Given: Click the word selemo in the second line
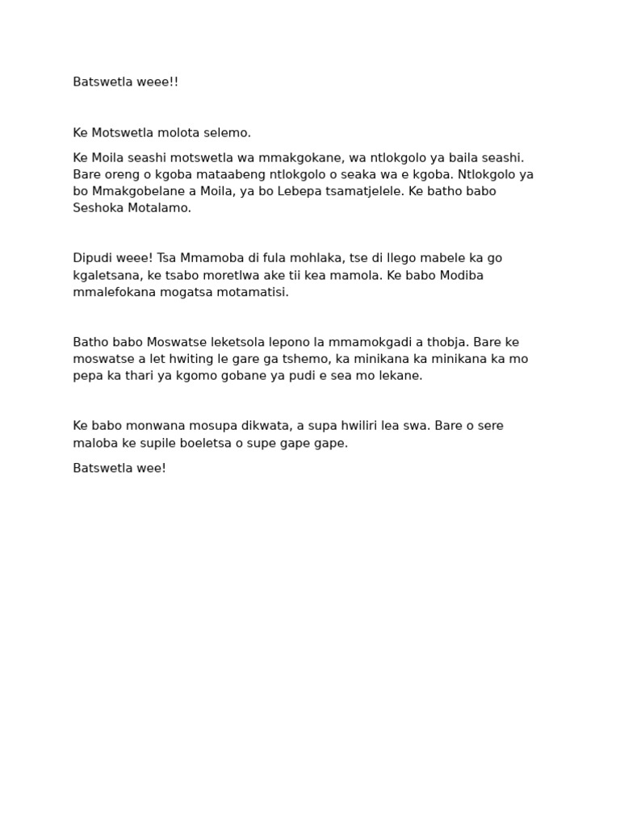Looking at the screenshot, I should coord(230,132).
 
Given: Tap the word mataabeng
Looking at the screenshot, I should coord(221,174).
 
